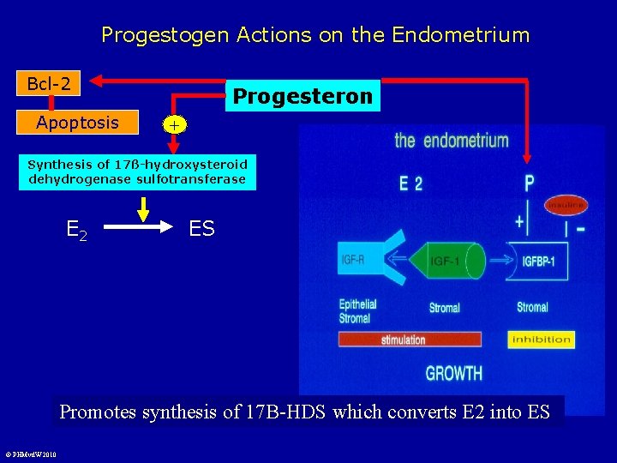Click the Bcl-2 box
click(x=49, y=83)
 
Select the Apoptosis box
click(x=78, y=123)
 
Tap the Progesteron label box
click(x=303, y=96)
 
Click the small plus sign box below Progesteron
click(x=174, y=125)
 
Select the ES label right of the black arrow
click(x=201, y=229)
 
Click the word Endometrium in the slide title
click(x=460, y=35)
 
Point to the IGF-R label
click(x=351, y=259)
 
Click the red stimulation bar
click(x=410, y=340)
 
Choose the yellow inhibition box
click(x=541, y=340)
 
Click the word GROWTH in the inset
click(x=453, y=373)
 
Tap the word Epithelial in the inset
click(x=357, y=304)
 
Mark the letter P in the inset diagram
click(x=529, y=183)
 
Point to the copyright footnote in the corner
click(x=29, y=454)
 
